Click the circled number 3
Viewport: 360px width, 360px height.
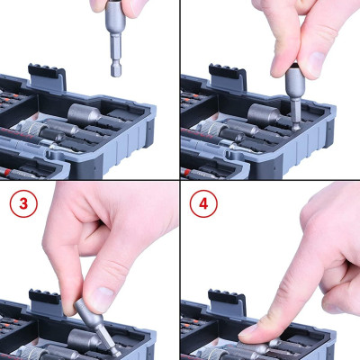tap(22, 203)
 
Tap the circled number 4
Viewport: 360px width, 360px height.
tap(203, 204)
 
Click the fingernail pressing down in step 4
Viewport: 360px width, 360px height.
tap(255, 327)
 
